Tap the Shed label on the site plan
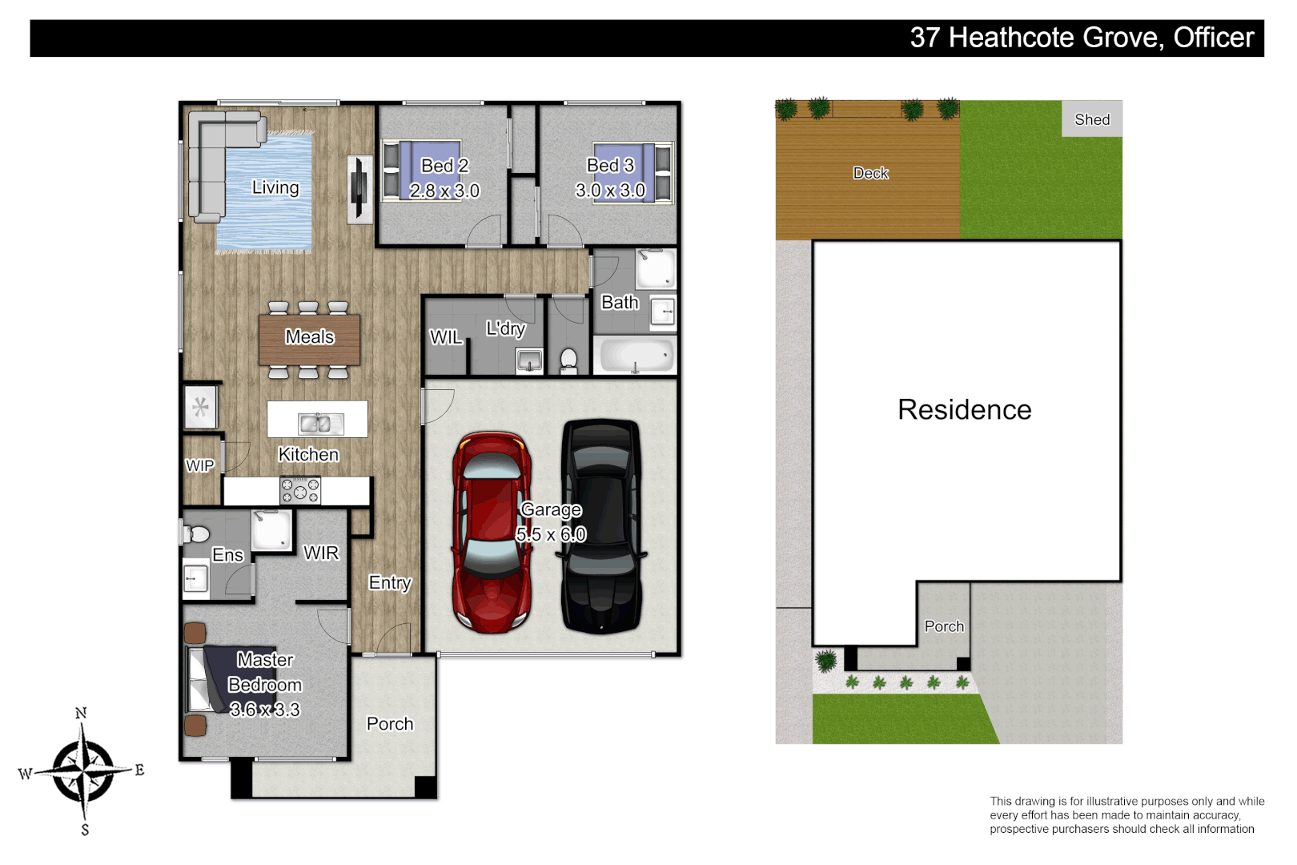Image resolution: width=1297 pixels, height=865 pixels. (1092, 119)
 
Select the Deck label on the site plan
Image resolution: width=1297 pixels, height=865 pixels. (870, 173)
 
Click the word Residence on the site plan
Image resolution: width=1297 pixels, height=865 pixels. (964, 410)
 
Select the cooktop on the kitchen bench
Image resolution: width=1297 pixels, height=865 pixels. (300, 490)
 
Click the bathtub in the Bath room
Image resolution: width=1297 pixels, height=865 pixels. (635, 355)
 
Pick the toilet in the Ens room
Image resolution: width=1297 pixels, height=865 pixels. (196, 533)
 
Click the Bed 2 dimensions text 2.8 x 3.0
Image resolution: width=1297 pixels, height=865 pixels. (444, 191)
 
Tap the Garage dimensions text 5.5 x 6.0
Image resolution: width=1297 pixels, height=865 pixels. (551, 534)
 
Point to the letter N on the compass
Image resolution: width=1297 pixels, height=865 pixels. (81, 713)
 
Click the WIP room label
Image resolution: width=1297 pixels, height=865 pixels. (199, 466)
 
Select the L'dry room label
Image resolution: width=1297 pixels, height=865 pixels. (505, 328)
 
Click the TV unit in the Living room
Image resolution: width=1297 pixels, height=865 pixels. (359, 188)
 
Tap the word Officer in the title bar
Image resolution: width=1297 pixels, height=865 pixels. (1213, 38)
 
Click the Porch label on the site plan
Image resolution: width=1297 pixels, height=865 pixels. (944, 626)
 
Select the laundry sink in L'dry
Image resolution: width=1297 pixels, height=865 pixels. (529, 361)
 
